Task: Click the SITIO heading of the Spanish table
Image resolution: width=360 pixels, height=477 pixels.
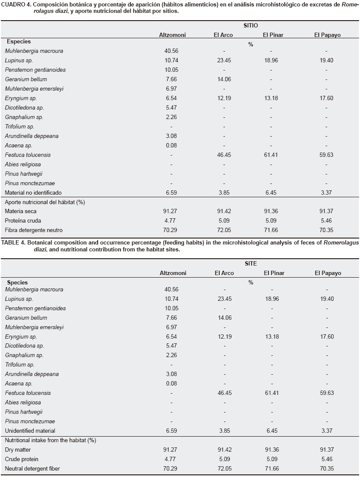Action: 251,26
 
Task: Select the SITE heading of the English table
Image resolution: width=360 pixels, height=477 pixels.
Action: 251,264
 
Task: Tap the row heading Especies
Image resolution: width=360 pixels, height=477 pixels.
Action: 18,42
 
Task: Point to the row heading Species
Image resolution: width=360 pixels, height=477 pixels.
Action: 18,282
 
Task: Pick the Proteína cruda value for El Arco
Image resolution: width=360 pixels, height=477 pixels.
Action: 222,220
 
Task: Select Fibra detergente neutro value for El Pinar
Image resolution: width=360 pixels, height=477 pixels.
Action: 270,230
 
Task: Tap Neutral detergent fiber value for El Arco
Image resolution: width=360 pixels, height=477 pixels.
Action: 222,468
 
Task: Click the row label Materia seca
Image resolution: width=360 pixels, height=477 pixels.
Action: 21,211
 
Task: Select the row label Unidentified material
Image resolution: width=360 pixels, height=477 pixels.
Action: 30,431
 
